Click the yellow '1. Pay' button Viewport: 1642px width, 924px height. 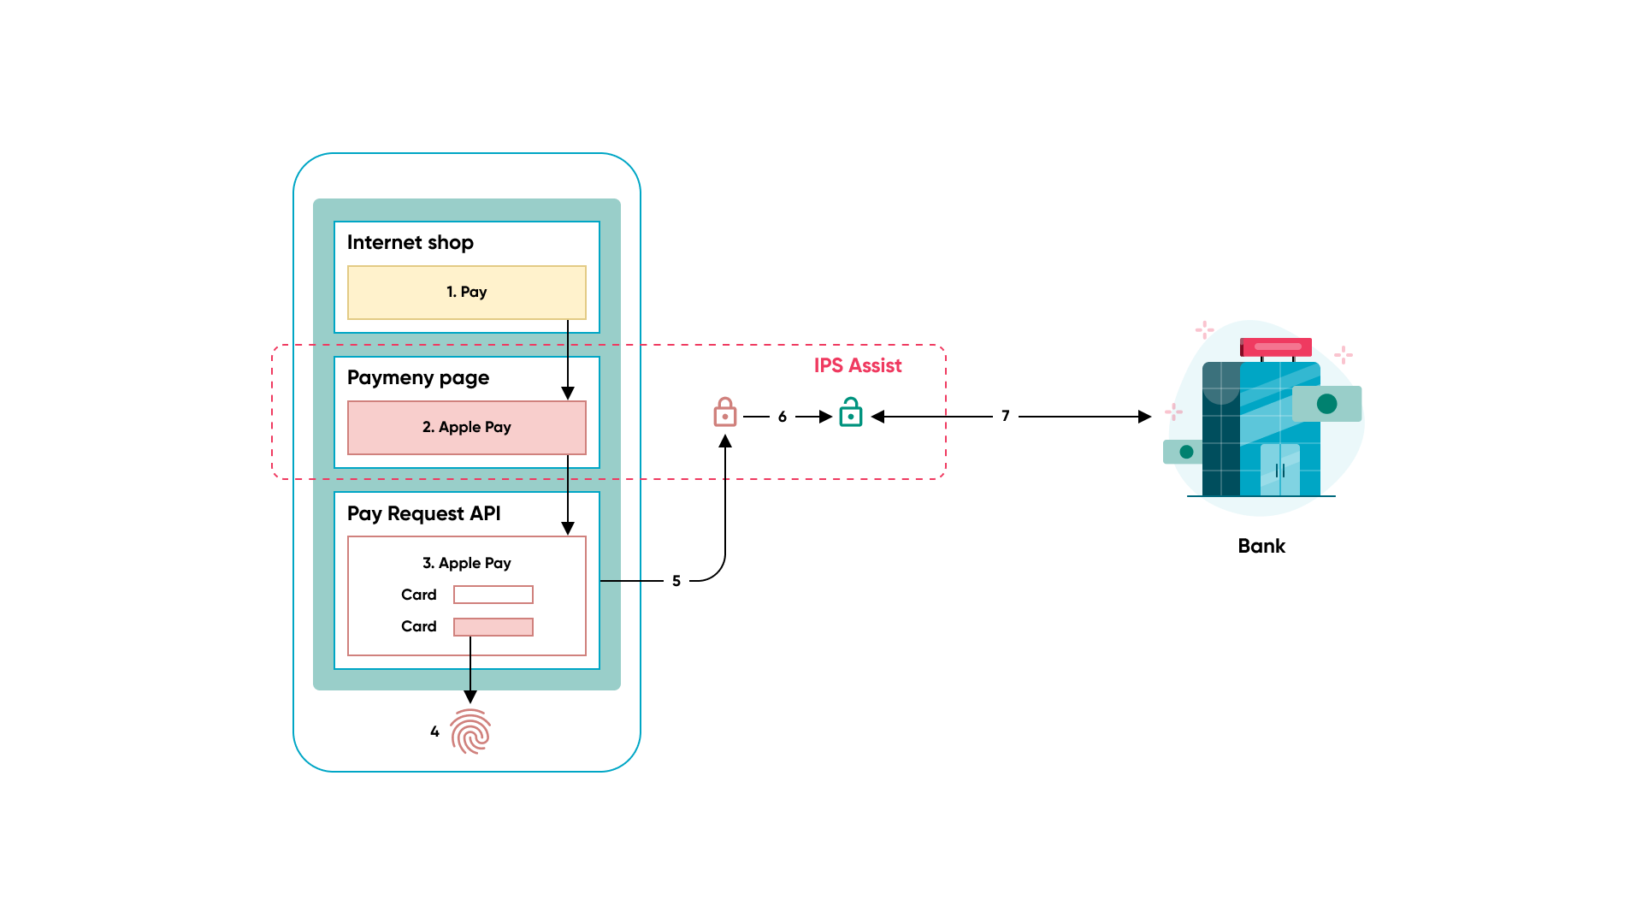pos(466,293)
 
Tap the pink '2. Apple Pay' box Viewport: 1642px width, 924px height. pos(466,428)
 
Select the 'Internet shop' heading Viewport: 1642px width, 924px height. pos(410,243)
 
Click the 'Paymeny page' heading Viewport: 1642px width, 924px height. pos(417,378)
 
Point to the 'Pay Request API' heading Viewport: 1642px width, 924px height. pos(423,513)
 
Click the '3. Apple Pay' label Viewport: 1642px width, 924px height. pos(466,563)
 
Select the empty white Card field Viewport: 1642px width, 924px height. pos(493,595)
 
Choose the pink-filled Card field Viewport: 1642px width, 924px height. pos(493,627)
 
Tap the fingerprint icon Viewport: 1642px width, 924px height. pos(470,731)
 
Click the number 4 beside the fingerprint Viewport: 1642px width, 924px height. pos(434,731)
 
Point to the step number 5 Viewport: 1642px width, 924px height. pos(676,581)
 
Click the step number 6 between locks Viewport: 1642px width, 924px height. pos(782,417)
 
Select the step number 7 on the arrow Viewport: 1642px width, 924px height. pos(1006,416)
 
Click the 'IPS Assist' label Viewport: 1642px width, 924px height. pos(857,366)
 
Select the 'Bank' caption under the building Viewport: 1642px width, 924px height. pos(1261,547)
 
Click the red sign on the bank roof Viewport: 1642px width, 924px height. pos(1276,346)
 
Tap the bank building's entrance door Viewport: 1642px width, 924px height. pos(1279,470)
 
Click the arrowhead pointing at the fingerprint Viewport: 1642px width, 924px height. pos(470,696)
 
